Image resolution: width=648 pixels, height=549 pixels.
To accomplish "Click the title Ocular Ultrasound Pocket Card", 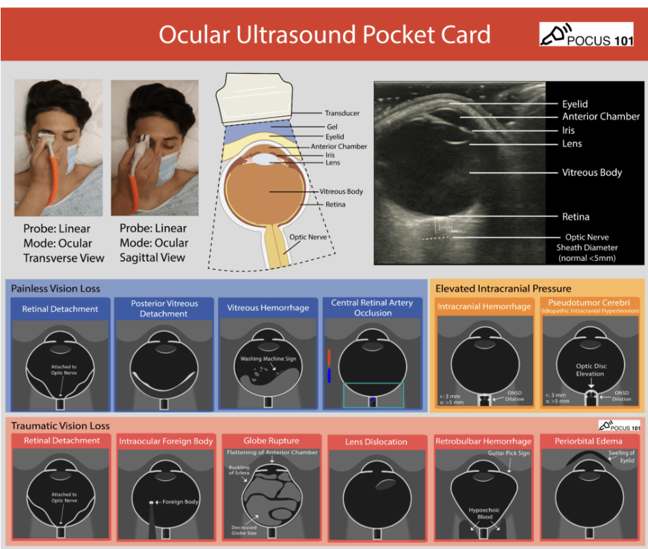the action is tap(325, 35).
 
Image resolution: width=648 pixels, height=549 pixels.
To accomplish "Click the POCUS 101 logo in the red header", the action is tap(585, 35).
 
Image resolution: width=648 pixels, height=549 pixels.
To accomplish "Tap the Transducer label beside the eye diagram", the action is tap(342, 113).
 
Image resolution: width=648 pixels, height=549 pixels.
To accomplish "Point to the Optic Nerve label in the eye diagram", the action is tap(308, 237).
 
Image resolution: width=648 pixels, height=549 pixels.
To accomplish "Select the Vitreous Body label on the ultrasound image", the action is tap(591, 173).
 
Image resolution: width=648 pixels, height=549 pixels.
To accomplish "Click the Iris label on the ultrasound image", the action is tap(568, 130).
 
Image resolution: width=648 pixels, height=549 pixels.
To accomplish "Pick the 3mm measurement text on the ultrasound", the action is tap(444, 226).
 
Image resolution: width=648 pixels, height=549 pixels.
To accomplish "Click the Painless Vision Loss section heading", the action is tap(56, 289).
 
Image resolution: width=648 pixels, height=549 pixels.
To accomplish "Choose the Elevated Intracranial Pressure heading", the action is tap(503, 289).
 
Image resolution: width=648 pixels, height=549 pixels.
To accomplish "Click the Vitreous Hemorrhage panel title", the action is tap(268, 308).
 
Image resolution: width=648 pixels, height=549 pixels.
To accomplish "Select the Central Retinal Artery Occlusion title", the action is tap(373, 308).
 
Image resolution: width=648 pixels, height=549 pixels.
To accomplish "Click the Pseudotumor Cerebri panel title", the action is tap(590, 302).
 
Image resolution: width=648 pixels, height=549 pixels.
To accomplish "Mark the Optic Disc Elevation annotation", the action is tap(590, 370).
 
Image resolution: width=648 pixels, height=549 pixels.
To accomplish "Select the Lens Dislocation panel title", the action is tap(377, 442).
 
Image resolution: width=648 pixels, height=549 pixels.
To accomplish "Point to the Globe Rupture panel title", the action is tap(271, 440).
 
